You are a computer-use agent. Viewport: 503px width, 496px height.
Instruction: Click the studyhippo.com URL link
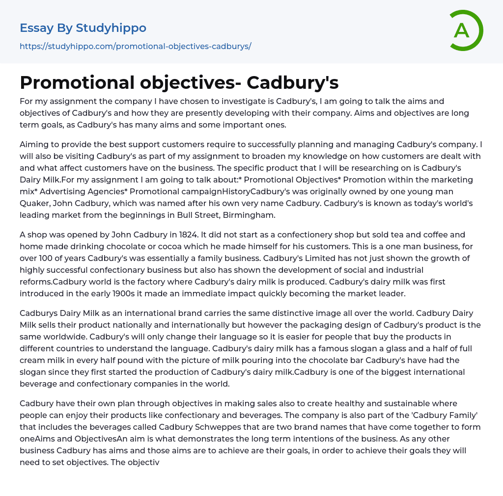coord(135,46)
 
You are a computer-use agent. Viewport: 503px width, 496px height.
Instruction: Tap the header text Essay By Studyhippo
coord(83,28)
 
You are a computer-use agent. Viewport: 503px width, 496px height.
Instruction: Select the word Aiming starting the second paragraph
coord(34,144)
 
